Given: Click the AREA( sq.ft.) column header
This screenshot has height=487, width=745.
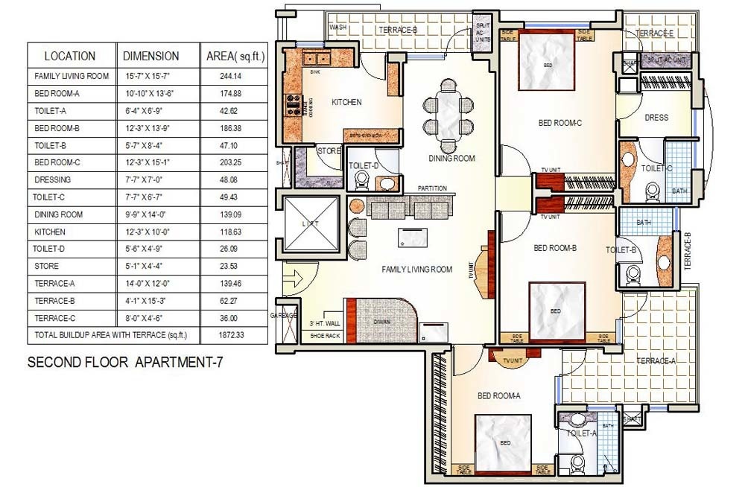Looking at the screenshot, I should [x=235, y=56].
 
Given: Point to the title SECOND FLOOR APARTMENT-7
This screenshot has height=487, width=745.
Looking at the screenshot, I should [x=125, y=363].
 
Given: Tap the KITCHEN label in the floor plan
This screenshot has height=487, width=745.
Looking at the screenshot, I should [x=346, y=103].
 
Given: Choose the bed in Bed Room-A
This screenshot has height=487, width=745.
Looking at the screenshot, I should [x=505, y=443].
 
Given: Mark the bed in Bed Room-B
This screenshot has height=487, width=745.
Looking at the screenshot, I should [x=556, y=311].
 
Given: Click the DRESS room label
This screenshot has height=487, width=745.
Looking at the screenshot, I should [x=656, y=118].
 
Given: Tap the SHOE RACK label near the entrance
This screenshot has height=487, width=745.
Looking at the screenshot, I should [x=325, y=337].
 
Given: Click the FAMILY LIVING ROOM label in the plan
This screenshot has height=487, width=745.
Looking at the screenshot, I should [x=416, y=270].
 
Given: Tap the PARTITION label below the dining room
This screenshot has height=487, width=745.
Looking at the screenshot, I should [x=432, y=188].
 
